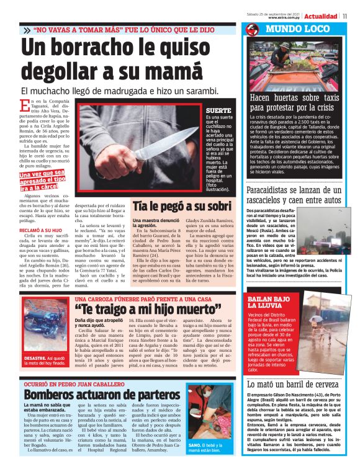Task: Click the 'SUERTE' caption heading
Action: pyautogui.click(x=218, y=110)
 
